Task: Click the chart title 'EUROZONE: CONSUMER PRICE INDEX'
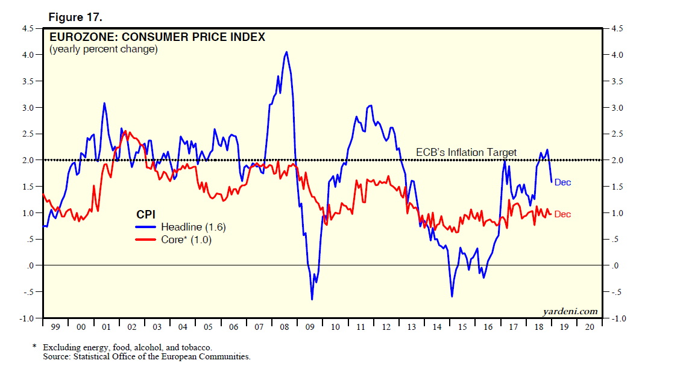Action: (x=157, y=37)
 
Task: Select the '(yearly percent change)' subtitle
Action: (x=103, y=49)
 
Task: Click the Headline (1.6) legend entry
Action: (x=193, y=227)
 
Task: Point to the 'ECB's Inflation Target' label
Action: (x=467, y=152)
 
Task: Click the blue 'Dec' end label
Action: (x=562, y=182)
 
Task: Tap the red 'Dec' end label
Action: (x=562, y=214)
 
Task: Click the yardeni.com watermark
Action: (x=570, y=311)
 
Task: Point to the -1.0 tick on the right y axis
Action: (x=617, y=318)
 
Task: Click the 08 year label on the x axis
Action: (x=284, y=327)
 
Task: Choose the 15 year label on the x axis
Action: (x=462, y=327)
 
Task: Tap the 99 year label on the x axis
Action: (x=55, y=327)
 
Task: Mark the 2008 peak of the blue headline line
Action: (x=286, y=52)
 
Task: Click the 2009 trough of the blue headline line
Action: (x=312, y=299)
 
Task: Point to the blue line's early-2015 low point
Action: (x=452, y=296)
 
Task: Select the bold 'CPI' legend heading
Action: (x=145, y=214)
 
